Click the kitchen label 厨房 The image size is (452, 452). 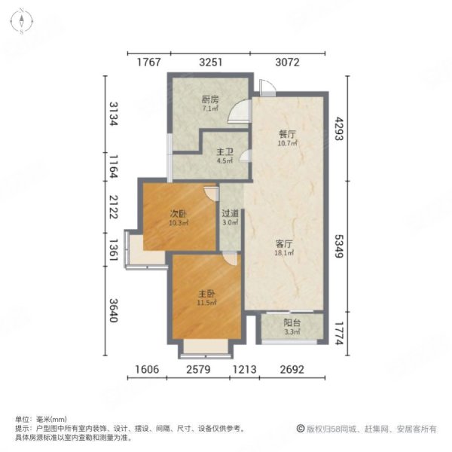209,99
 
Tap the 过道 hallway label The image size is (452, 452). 231,213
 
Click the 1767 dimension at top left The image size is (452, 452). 149,63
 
